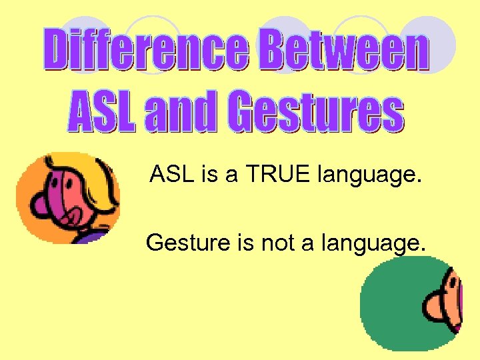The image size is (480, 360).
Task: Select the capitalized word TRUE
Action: click(277, 176)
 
